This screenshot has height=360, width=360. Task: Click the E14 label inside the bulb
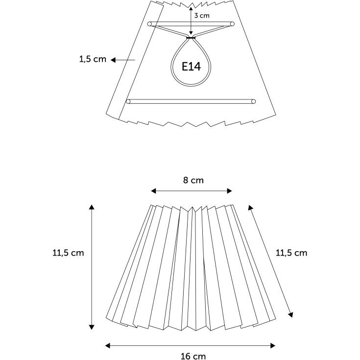191,67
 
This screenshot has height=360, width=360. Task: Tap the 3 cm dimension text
202,16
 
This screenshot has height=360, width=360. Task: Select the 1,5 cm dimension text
93,59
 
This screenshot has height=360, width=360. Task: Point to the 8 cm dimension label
193,180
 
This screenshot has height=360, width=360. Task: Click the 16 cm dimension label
193,356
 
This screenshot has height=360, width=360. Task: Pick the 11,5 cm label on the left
68,253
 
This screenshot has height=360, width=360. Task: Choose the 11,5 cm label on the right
291,253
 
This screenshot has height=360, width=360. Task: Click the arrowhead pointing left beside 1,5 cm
113,60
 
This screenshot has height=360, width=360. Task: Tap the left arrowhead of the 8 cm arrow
153,191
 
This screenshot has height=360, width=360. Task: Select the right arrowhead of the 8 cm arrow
229,191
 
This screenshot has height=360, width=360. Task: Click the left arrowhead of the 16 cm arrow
107,345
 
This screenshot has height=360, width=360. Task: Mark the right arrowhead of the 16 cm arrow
273,345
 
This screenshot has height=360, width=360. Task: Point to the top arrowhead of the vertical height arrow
92,207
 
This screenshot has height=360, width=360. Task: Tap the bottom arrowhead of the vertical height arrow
92,327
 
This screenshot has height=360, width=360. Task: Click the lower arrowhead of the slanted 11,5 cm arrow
290,315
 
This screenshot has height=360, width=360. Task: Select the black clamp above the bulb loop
191,37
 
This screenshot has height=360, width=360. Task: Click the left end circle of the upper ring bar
149,24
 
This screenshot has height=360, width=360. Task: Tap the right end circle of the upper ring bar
232,24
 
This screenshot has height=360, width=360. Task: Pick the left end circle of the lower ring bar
128,101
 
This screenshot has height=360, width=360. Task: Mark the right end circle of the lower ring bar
254,101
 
